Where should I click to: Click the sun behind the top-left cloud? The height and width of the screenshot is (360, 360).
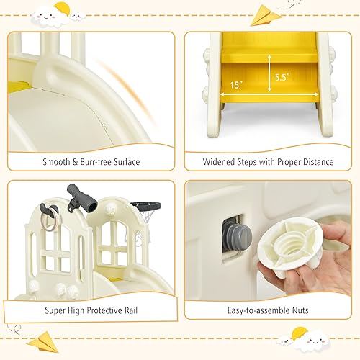[x=63, y=9]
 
